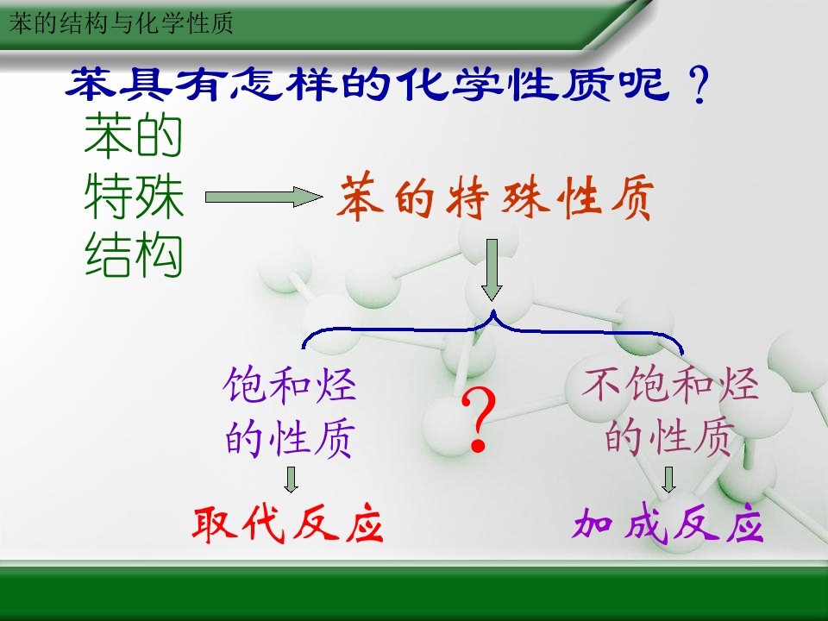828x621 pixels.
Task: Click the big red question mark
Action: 479,420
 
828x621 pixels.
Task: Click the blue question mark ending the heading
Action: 699,85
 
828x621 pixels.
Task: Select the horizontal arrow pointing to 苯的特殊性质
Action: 264,197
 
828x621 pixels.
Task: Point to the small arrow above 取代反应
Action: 291,480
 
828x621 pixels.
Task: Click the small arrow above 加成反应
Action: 668,480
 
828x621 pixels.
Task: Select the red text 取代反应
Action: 287,525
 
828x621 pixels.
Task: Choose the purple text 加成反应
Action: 668,525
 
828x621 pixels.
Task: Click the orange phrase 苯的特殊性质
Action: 496,198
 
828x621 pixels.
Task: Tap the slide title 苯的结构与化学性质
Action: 121,24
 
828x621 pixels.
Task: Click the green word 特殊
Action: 134,196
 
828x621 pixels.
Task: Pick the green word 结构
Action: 134,255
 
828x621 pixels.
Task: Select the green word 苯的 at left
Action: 133,135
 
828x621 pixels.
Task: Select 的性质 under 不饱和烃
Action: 669,437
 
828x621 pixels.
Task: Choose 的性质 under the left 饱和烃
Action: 290,437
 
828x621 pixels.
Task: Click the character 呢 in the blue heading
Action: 644,84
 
